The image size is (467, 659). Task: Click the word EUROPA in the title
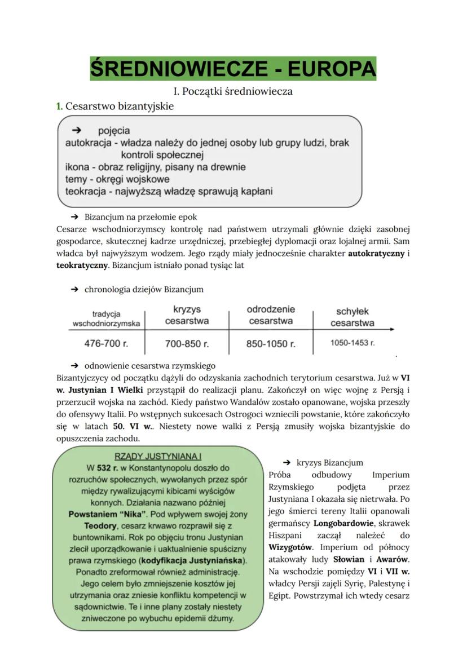331,69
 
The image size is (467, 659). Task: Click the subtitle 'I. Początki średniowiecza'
233,91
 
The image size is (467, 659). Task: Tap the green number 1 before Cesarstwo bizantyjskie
59,106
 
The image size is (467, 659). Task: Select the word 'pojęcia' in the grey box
113,131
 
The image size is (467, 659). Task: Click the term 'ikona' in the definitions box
77,167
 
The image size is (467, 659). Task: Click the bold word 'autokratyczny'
376,254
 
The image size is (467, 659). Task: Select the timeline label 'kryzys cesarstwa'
187,315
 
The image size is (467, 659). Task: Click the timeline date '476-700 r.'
106,343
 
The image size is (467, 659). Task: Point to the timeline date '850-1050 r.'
271,343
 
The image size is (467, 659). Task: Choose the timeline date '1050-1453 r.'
353,343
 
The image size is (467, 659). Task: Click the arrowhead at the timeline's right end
392,329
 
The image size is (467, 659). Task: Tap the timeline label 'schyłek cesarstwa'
353,317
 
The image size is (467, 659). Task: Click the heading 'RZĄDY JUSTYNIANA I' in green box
158,456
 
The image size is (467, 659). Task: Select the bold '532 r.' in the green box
107,468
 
